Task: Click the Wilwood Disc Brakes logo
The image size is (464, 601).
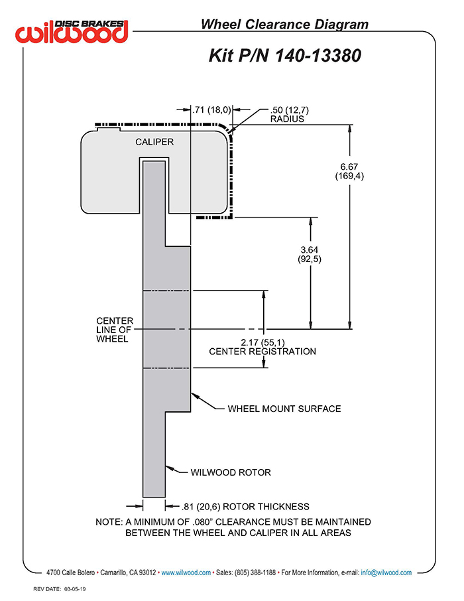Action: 73,31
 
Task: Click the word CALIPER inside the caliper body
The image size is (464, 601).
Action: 154,142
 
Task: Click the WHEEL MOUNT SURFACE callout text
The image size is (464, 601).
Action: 284,408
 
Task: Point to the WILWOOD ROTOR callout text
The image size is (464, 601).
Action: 231,472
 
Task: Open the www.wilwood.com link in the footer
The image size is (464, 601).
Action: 186,572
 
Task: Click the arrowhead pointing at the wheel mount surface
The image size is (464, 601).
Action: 194,396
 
